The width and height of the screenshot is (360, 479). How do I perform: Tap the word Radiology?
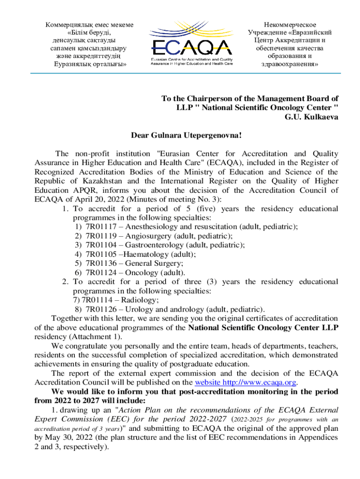(141, 300)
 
